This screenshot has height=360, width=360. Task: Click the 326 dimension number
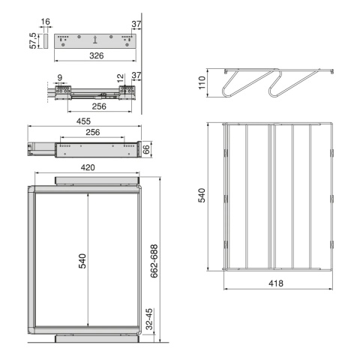point(97,55)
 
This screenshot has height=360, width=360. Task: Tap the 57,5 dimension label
point(33,41)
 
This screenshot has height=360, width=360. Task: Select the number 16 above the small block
point(46,22)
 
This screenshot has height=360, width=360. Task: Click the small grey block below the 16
point(45,41)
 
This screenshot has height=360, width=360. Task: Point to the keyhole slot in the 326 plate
point(95,40)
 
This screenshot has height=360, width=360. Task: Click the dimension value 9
point(60,78)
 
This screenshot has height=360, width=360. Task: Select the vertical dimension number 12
point(120,79)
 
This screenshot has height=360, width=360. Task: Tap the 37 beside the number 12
point(136,75)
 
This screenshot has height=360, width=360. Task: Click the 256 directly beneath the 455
point(93,132)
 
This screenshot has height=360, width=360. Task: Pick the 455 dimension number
point(83,121)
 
